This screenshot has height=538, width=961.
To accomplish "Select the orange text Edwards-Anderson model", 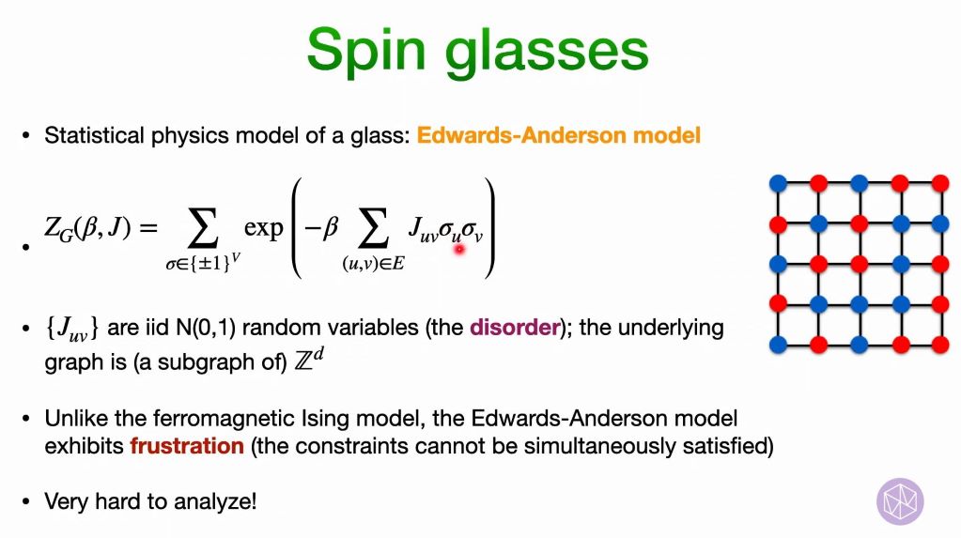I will pyautogui.click(x=559, y=135).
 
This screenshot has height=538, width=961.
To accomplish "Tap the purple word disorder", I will pyautogui.click(x=514, y=328).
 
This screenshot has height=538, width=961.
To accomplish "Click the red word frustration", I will pyautogui.click(x=186, y=445).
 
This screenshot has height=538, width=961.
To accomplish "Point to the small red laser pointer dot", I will pyautogui.click(x=459, y=249).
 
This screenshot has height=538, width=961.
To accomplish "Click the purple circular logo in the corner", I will pyautogui.click(x=900, y=501).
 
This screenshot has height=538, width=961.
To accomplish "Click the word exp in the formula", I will pyautogui.click(x=263, y=227).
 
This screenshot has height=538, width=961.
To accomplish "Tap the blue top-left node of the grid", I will pyautogui.click(x=777, y=182).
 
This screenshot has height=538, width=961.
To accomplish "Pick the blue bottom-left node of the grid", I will pyautogui.click(x=777, y=344).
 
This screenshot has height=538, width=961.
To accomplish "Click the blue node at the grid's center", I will pyautogui.click(x=859, y=263).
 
